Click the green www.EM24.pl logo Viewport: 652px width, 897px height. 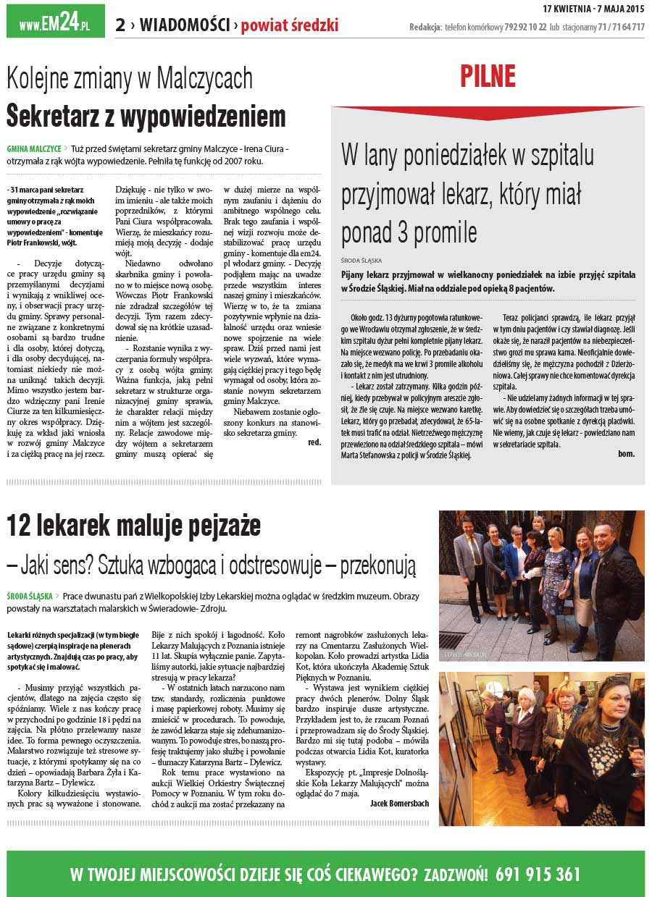click(55, 22)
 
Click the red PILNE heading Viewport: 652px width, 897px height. click(488, 76)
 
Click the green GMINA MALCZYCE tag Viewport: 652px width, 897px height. click(33, 148)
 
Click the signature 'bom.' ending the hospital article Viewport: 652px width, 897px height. click(626, 454)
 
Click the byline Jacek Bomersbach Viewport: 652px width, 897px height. click(400, 803)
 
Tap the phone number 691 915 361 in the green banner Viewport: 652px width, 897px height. click(538, 874)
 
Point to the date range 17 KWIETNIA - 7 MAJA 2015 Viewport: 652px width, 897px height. click(593, 8)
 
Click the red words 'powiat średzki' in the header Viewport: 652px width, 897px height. click(290, 26)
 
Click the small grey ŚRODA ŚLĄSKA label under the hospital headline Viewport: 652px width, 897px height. click(361, 260)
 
